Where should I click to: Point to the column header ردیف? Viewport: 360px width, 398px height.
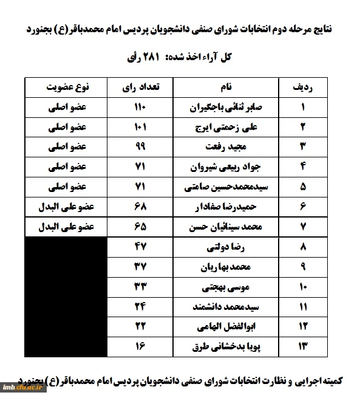tap(303, 87)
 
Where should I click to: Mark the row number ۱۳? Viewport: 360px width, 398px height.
tap(303, 346)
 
